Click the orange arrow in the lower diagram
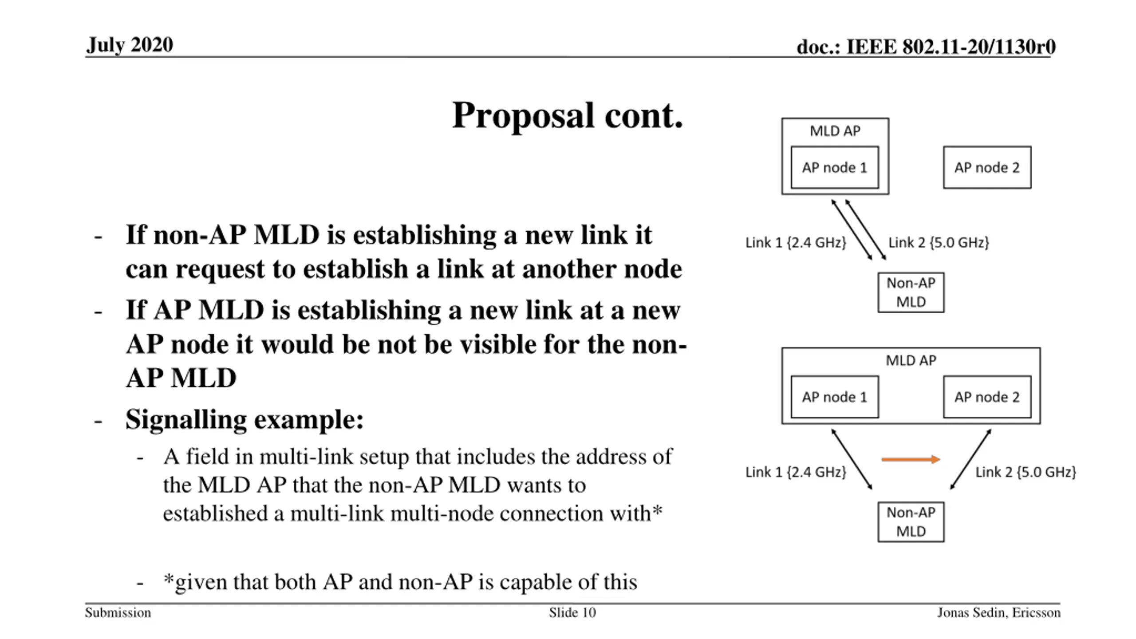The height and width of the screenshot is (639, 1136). pyautogui.click(x=910, y=459)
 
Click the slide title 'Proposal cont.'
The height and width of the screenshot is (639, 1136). pyautogui.click(x=567, y=115)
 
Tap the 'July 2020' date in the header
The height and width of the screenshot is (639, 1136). pyautogui.click(x=130, y=45)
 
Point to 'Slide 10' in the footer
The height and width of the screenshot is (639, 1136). pyautogui.click(x=572, y=613)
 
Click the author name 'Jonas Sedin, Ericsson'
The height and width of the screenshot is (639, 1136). pyautogui.click(x=998, y=613)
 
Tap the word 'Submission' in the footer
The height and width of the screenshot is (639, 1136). pyautogui.click(x=118, y=613)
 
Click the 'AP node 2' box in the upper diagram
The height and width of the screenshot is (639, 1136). pyautogui.click(x=987, y=167)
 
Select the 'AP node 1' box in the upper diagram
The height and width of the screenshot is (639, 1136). pyautogui.click(x=834, y=167)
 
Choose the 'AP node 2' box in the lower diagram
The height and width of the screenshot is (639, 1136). pyautogui.click(x=987, y=397)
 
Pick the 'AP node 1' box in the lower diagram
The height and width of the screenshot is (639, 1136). pyautogui.click(x=834, y=397)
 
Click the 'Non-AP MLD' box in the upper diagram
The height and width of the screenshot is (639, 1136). pyautogui.click(x=911, y=292)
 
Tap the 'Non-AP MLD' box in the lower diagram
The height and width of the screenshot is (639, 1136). pyautogui.click(x=911, y=522)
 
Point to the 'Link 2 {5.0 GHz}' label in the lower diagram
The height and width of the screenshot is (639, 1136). pyautogui.click(x=1026, y=472)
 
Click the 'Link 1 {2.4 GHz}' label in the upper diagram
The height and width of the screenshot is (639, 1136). pyautogui.click(x=796, y=242)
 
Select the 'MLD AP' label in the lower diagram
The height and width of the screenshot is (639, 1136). pyautogui.click(x=911, y=360)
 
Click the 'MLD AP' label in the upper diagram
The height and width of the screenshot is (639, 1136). pyautogui.click(x=835, y=131)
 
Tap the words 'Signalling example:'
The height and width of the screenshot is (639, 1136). pyautogui.click(x=245, y=419)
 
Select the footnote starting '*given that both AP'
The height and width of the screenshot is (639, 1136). pyautogui.click(x=400, y=582)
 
